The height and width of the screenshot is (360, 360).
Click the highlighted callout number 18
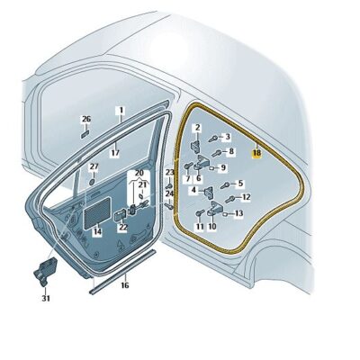(x=256, y=153)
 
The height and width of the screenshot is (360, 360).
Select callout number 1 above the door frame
(x=121, y=111)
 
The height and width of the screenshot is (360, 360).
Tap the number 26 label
(x=86, y=120)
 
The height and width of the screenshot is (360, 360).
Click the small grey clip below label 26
(x=85, y=134)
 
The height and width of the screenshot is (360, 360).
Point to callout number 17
(x=115, y=153)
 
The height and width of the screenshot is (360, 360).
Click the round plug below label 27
(x=93, y=182)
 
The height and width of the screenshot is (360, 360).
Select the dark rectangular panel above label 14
(x=97, y=213)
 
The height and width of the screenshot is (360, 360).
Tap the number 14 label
(x=97, y=231)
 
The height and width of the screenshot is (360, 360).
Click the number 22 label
(x=123, y=227)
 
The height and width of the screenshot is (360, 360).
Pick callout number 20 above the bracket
(x=139, y=174)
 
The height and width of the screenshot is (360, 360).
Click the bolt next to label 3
(x=213, y=139)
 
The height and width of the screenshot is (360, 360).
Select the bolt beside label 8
(x=217, y=153)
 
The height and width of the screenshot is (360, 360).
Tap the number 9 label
(x=223, y=167)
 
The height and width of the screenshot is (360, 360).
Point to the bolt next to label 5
(x=225, y=185)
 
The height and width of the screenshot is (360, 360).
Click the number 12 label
(x=246, y=197)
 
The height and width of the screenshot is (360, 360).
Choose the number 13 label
(x=238, y=213)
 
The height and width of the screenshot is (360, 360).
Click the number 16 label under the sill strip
(x=125, y=284)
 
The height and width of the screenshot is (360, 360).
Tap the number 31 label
(x=46, y=299)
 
